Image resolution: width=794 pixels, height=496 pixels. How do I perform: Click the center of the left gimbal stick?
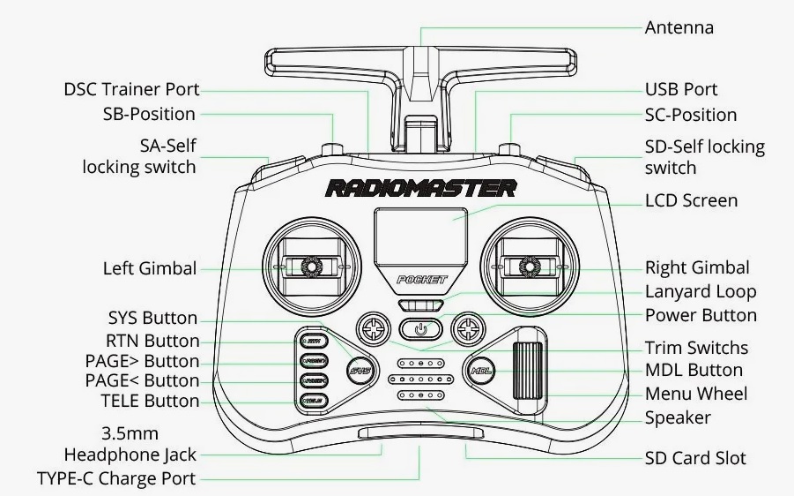(311, 265)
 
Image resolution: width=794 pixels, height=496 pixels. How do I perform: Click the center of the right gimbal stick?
(529, 265)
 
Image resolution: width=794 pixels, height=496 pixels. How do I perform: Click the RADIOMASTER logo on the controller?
(420, 188)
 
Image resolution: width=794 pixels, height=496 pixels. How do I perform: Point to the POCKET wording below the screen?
(421, 280)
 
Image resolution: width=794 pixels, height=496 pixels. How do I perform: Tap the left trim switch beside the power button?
(373, 330)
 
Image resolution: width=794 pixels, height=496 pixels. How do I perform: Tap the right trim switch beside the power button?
(467, 330)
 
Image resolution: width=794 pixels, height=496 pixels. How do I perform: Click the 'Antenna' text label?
(679, 27)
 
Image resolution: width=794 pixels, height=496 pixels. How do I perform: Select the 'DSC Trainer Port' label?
(131, 89)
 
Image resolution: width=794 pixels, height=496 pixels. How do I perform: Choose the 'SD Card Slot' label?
(695, 458)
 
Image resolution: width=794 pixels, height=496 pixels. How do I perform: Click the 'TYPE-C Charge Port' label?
(115, 478)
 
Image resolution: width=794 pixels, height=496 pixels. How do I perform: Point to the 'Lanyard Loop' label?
(701, 291)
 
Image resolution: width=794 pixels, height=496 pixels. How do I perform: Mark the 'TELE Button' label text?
(150, 401)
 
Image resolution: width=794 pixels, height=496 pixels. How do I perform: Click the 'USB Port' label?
(680, 89)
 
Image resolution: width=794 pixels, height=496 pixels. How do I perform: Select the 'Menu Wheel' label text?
(695, 394)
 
